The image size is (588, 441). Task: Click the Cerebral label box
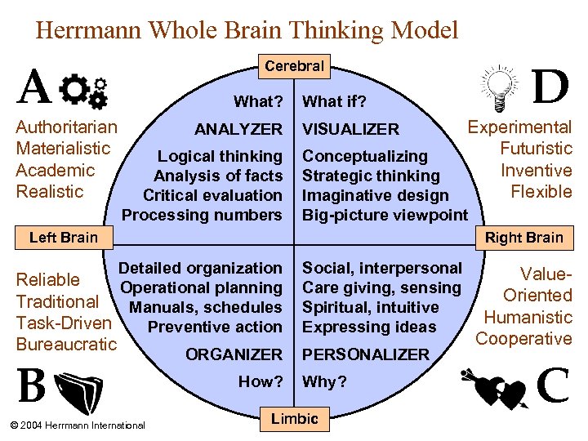(294, 66)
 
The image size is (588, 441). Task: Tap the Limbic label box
(295, 419)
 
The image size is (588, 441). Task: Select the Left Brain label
(63, 238)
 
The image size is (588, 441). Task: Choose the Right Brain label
(524, 238)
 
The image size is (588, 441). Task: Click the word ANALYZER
(238, 129)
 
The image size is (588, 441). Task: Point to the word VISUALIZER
(351, 129)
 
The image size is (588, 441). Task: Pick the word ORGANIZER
(234, 354)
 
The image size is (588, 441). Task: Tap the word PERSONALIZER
(366, 354)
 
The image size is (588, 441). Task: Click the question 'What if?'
(335, 102)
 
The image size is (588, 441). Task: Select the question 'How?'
(261, 381)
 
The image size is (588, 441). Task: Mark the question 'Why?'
(325, 381)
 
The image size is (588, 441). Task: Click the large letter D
(550, 87)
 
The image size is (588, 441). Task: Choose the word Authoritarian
(67, 127)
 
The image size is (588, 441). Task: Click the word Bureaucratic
(67, 344)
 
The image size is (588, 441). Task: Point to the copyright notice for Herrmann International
(75, 425)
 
